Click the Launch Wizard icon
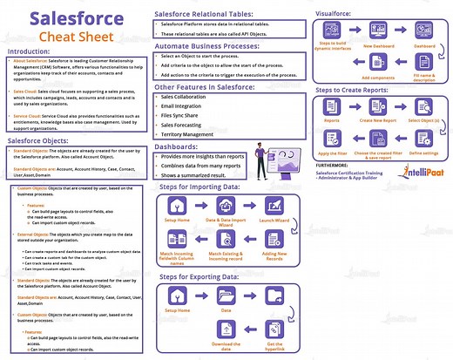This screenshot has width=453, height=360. point(276,206)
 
